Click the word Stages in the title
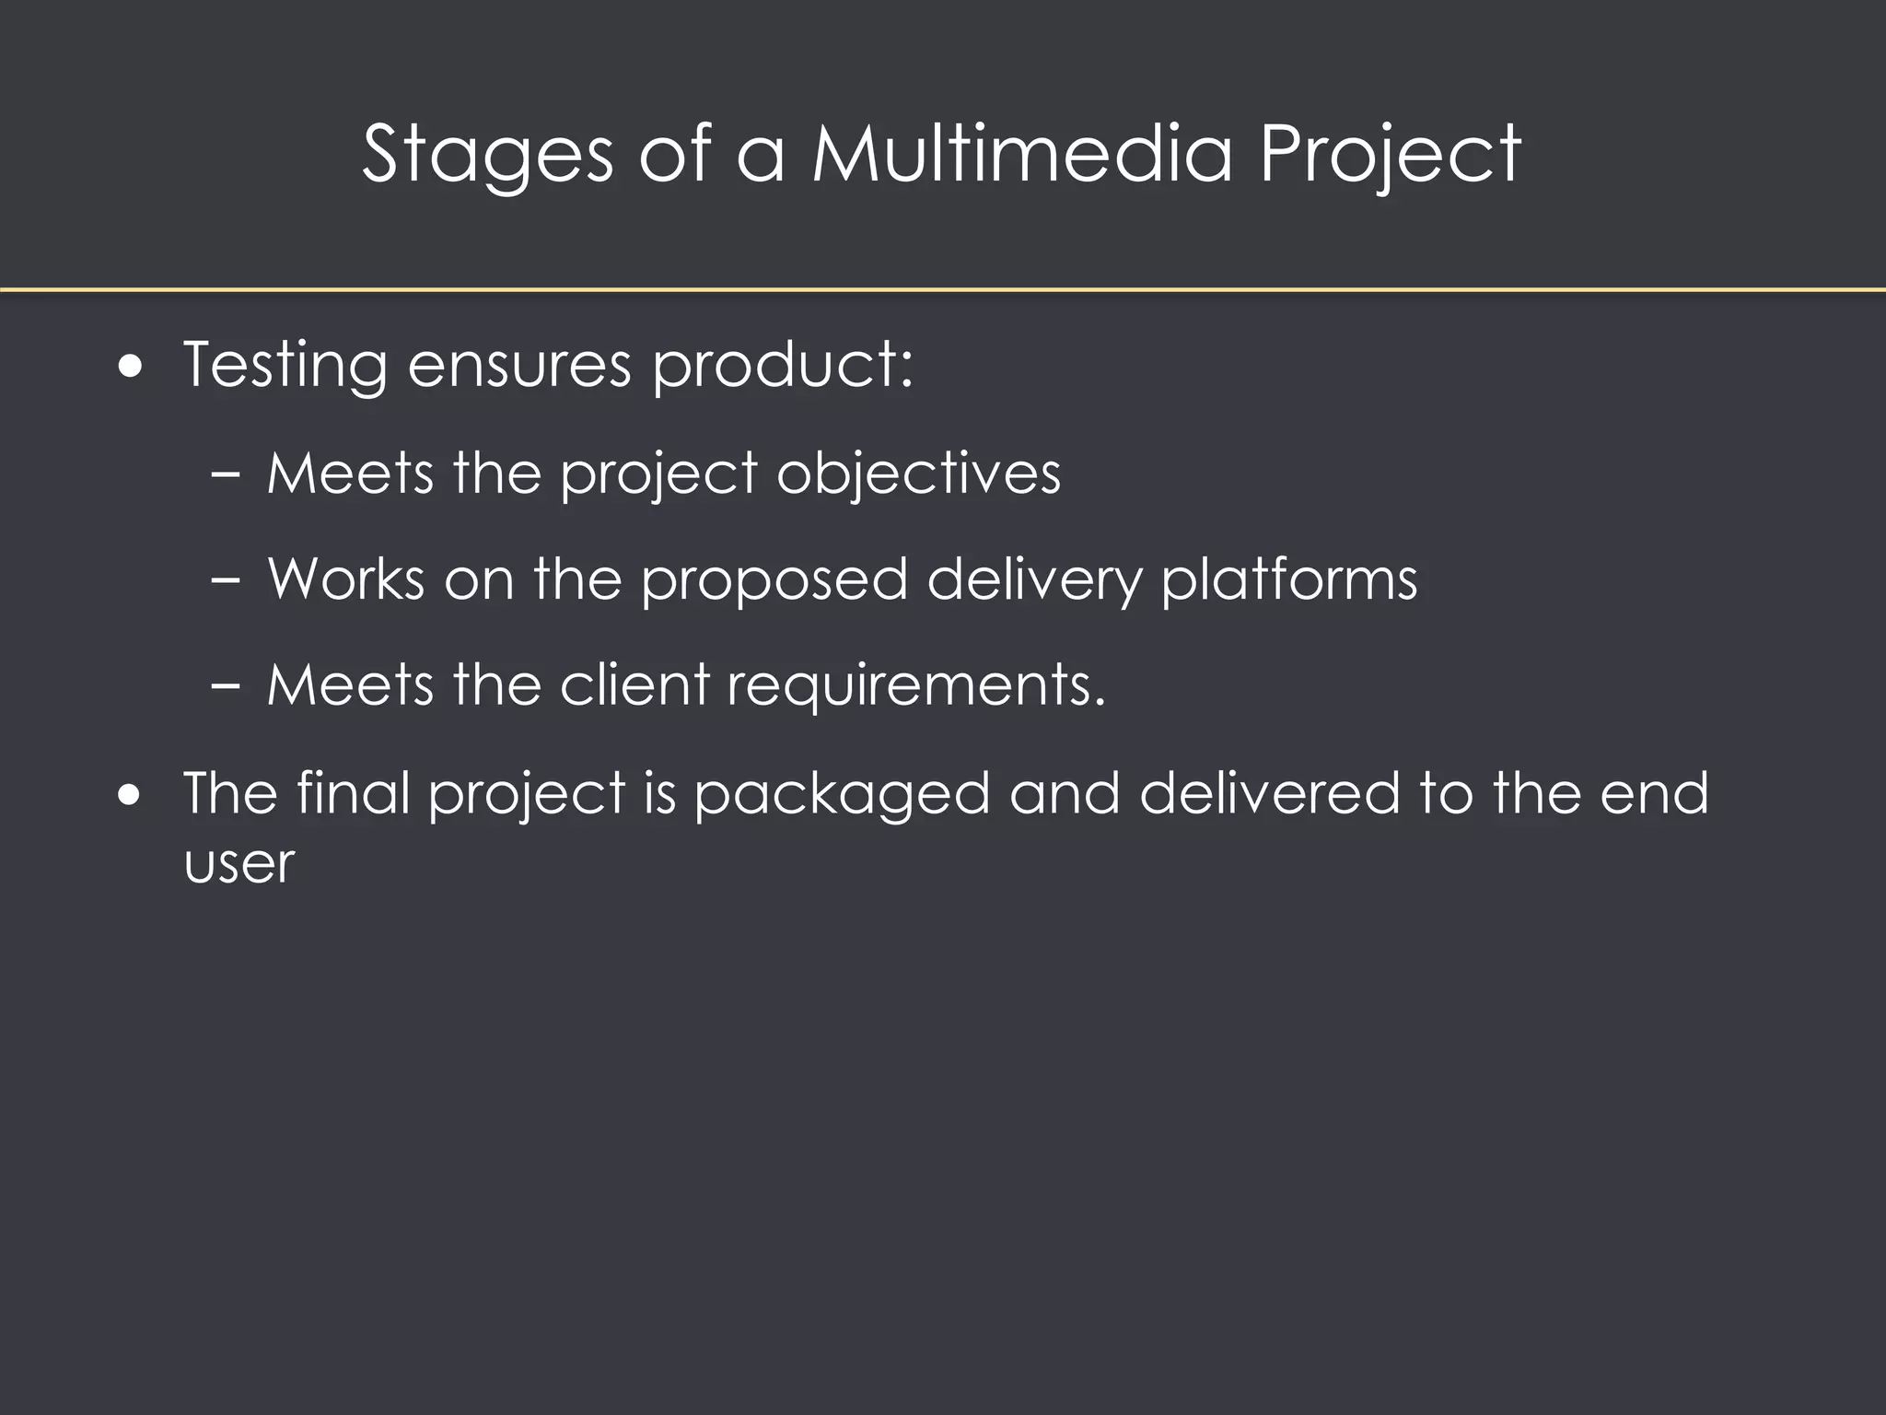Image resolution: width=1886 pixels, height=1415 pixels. [x=487, y=155]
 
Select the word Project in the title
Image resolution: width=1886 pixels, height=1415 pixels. [x=1390, y=155]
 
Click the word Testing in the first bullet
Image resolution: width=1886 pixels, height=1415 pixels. [x=285, y=366]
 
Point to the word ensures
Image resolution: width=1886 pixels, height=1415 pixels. [x=519, y=366]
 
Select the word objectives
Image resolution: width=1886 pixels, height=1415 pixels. [x=918, y=474]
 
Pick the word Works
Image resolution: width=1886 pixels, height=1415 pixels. [x=346, y=579]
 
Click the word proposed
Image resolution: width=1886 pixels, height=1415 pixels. [x=774, y=581]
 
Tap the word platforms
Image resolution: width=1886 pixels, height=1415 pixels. [x=1289, y=579]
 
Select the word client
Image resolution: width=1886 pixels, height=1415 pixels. [x=634, y=685]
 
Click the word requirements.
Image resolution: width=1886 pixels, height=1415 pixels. [x=916, y=687]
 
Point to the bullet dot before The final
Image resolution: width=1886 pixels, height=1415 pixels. [x=132, y=795]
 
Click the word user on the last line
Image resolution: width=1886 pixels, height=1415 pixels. [x=239, y=864]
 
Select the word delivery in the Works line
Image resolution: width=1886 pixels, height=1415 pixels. [x=1034, y=581]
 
